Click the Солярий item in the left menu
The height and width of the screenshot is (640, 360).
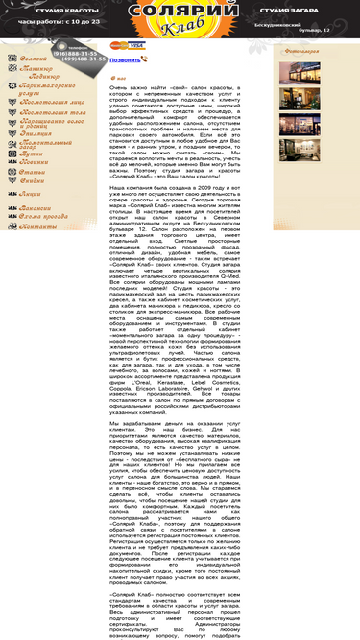(33, 59)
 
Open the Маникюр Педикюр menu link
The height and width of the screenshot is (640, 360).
(39, 73)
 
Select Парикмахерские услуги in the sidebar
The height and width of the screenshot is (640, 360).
(42, 89)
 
